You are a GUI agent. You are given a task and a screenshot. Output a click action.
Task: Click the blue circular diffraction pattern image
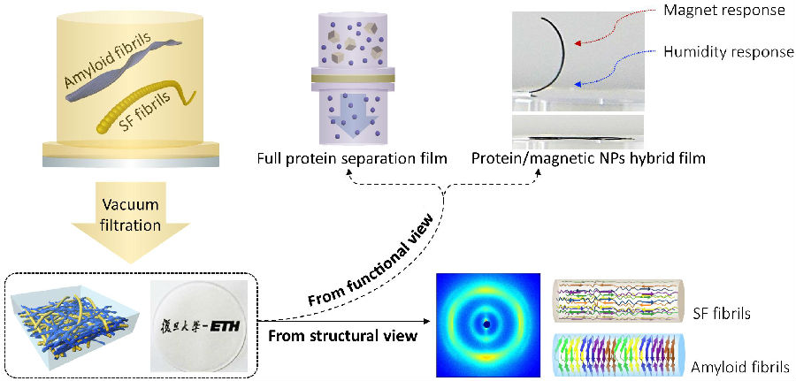point(486,325)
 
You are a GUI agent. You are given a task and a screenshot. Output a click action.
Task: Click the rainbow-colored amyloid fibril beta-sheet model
point(624,355)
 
